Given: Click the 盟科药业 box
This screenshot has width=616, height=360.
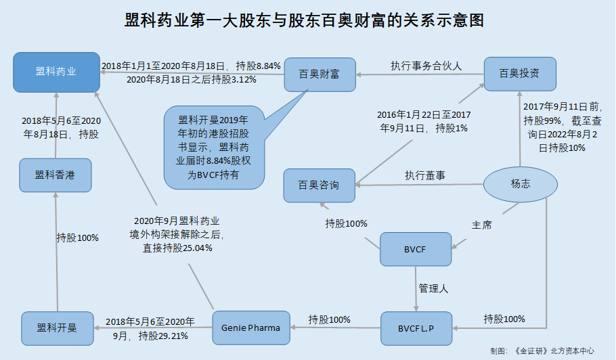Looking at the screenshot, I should click(x=56, y=72).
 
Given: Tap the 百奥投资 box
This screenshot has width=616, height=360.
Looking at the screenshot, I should click(x=519, y=72).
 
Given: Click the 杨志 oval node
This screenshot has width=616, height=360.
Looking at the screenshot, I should click(x=521, y=183).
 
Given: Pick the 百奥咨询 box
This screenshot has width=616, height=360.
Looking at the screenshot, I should click(x=319, y=185).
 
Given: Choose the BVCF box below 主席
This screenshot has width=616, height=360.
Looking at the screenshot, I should click(x=416, y=249).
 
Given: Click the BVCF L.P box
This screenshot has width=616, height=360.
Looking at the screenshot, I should click(x=416, y=328).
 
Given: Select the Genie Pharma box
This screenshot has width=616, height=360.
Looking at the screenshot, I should click(x=250, y=328).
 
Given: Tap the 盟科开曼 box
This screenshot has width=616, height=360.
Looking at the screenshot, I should click(x=56, y=328).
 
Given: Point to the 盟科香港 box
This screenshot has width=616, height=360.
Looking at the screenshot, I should click(x=55, y=175).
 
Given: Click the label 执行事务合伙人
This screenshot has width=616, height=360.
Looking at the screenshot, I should click(x=426, y=66).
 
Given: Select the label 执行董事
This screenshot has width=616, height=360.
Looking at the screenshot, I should click(x=425, y=175).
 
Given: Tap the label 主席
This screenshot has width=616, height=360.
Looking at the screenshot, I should click(x=481, y=224).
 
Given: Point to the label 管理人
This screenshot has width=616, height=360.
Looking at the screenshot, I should click(x=434, y=288).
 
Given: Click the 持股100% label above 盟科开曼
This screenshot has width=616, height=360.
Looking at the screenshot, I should click(x=78, y=238).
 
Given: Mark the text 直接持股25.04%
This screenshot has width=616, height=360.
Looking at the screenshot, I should click(x=177, y=248).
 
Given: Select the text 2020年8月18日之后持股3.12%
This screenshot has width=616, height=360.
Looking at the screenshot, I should click(x=191, y=79).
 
